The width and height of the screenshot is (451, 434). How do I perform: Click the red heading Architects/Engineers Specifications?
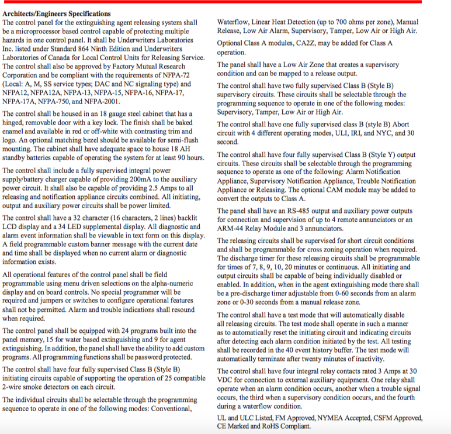click(57, 13)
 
